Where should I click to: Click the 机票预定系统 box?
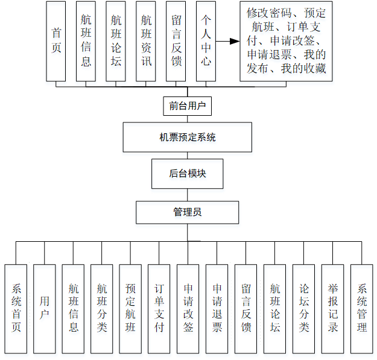click(187, 137)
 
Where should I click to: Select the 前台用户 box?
click(187, 107)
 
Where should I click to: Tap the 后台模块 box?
click(187, 174)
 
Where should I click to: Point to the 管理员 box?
click(187, 212)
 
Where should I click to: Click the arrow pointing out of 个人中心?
click(227, 42)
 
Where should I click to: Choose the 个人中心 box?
click(206, 42)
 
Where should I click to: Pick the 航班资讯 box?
click(146, 42)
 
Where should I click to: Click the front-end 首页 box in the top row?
click(56, 42)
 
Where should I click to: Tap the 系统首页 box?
click(16, 309)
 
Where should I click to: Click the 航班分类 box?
click(102, 309)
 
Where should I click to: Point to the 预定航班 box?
click(130, 309)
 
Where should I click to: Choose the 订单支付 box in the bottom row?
click(159, 309)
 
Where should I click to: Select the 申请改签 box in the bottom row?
click(188, 309)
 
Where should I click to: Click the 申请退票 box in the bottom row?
click(217, 309)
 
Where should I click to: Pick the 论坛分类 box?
click(304, 309)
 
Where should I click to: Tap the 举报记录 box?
click(333, 309)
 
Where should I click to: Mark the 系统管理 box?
click(362, 309)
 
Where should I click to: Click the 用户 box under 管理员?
click(45, 309)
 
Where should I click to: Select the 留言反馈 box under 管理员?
click(246, 309)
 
